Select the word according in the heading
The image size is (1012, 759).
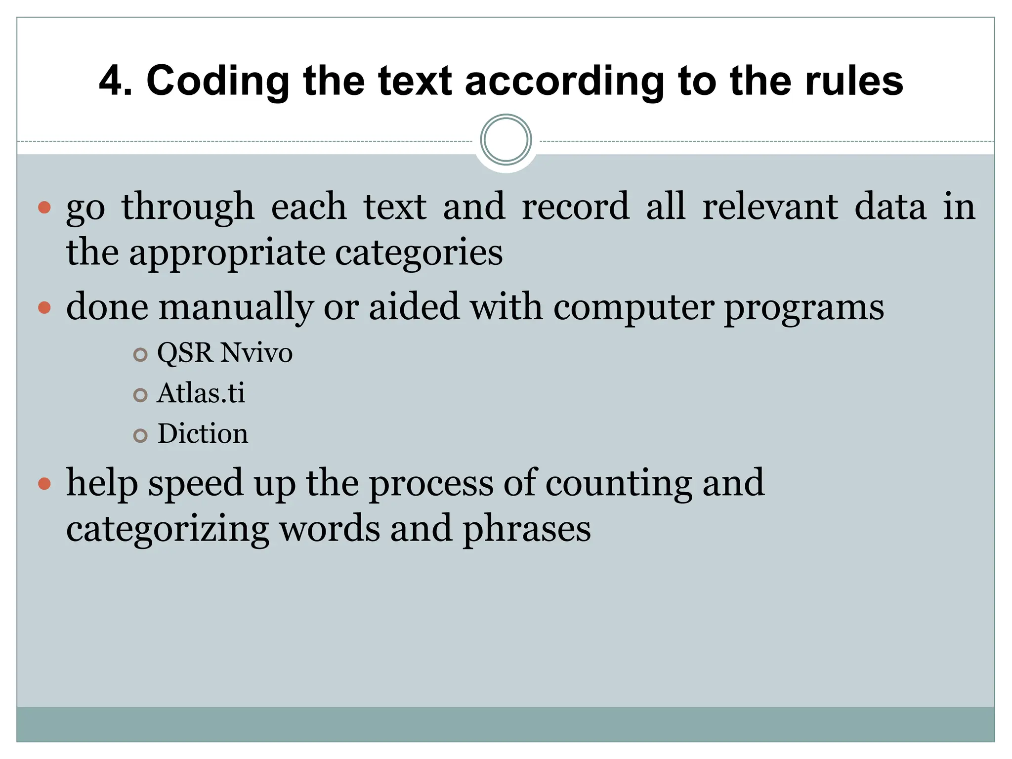564,82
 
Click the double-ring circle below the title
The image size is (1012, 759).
506,140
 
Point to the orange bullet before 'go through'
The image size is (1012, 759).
44,207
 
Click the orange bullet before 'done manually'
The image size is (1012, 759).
44,308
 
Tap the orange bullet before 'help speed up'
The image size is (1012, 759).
44,483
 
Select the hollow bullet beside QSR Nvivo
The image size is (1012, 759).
141,354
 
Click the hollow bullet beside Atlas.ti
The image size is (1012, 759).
141,395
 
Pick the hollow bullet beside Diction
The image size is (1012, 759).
141,435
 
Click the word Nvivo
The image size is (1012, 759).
256,353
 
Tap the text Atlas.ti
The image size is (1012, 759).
201,393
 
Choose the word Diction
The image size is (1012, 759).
203,434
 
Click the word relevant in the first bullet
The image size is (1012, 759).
770,206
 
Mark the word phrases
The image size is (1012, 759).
526,529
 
